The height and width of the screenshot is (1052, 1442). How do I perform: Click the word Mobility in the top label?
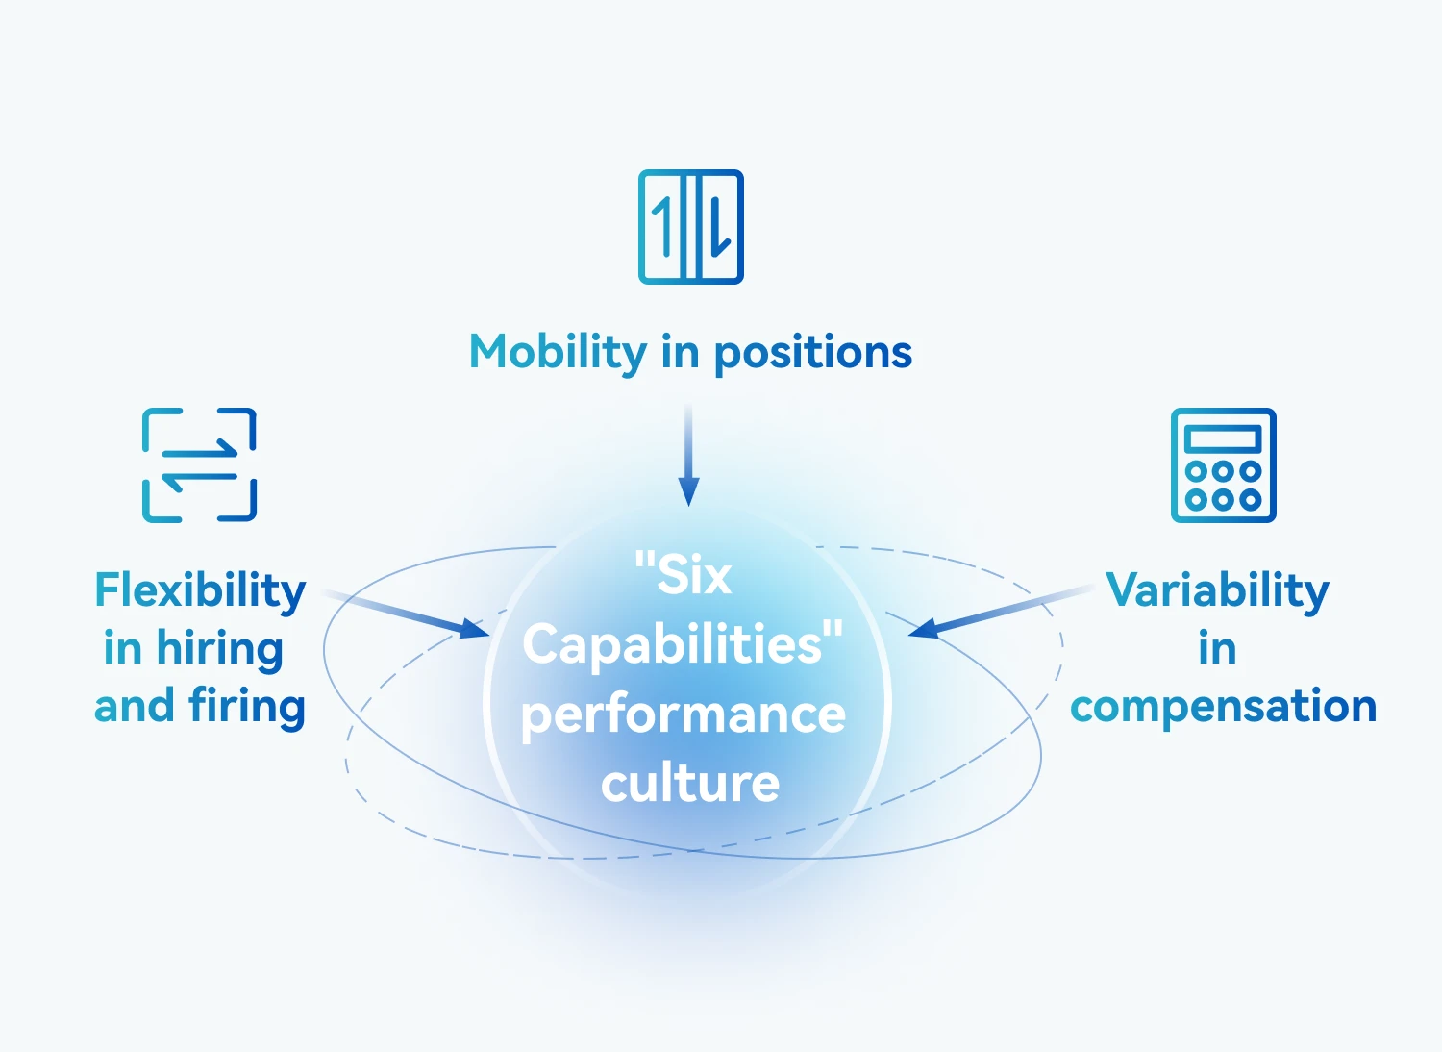click(558, 353)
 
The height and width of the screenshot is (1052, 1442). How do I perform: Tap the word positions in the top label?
click(813, 353)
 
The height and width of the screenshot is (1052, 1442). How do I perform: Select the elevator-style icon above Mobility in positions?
click(691, 227)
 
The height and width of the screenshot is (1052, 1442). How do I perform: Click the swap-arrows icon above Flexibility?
click(199, 465)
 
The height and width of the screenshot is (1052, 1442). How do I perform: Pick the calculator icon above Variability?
click(1223, 465)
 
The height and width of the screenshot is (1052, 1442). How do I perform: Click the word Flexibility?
click(200, 590)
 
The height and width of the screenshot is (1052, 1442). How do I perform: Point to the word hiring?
click(220, 649)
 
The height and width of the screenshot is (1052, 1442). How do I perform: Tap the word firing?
click(247, 707)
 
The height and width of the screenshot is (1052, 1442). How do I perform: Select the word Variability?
click(1217, 590)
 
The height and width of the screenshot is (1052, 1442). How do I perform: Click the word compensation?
click(1223, 707)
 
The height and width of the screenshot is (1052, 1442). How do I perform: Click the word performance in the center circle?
click(684, 714)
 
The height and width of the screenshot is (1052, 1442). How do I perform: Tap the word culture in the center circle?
click(690, 784)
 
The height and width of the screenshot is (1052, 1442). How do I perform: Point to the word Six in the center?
click(694, 576)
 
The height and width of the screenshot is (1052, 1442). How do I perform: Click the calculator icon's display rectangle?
click(1223, 439)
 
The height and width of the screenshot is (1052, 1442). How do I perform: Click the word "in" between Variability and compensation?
click(1217, 649)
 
